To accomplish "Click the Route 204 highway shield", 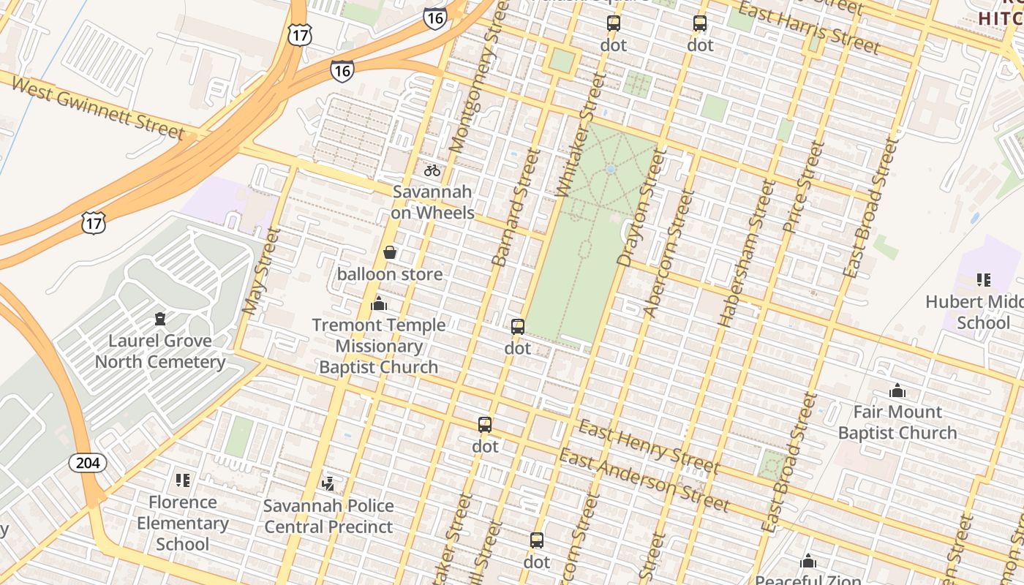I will (x=89, y=462).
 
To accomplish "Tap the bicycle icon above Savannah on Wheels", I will (x=432, y=170).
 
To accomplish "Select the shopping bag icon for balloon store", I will (x=390, y=252).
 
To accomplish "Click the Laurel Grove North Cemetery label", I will (x=159, y=351).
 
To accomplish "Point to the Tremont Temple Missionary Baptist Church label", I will (x=378, y=346).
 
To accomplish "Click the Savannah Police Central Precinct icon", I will (x=329, y=483).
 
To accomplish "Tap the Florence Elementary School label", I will (x=182, y=523).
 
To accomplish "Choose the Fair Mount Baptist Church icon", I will (x=897, y=390).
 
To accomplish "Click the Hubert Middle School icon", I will (x=983, y=279).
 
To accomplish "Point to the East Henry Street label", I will (x=649, y=446).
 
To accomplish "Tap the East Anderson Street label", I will (x=644, y=480).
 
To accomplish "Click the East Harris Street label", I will (x=808, y=29).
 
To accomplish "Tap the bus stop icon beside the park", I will (x=518, y=326).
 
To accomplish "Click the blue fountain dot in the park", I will (x=611, y=169).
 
